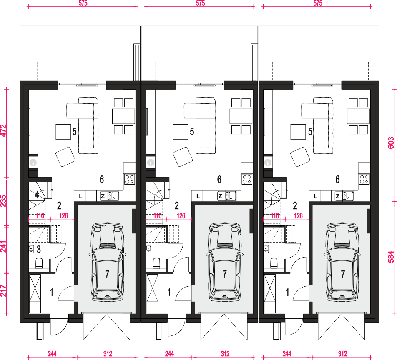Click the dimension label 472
(3, 130)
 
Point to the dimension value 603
(391, 142)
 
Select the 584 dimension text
(391, 257)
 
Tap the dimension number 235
(3, 201)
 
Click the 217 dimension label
(3, 291)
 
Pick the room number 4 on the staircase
(37, 195)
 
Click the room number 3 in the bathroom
(39, 250)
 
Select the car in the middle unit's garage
(225, 261)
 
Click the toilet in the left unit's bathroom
(39, 263)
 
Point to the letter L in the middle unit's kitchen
(198, 196)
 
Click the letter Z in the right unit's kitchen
(337, 196)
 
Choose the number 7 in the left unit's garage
(107, 274)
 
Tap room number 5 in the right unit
(310, 132)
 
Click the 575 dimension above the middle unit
(200, 3)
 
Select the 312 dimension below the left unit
(108, 353)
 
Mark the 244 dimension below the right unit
(286, 353)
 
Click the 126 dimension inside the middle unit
(181, 215)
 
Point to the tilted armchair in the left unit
(65, 157)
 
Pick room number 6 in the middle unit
(219, 179)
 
